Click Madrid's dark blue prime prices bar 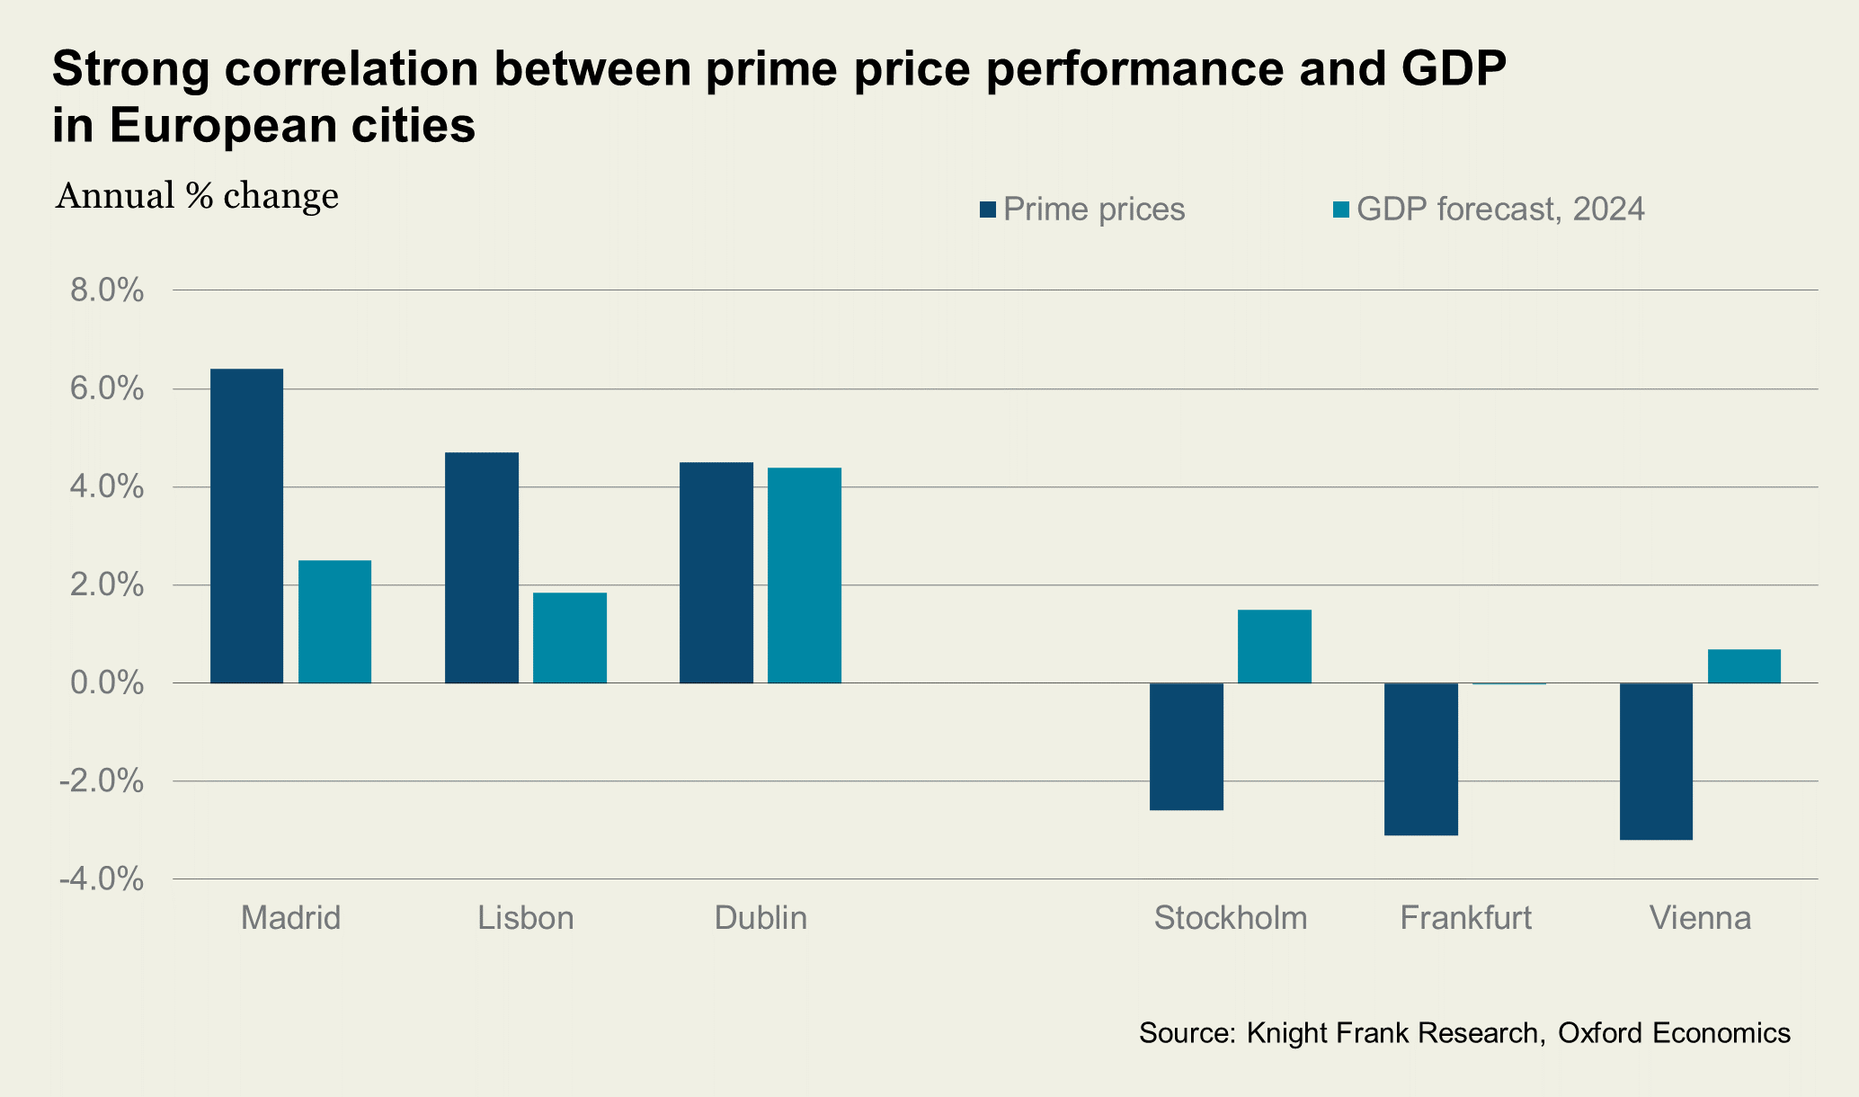pos(246,526)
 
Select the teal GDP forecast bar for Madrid pos(334,621)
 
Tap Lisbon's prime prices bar pos(482,567)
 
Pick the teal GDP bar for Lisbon pos(570,638)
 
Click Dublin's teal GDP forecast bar pos(805,575)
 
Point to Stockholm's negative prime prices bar pos(1187,746)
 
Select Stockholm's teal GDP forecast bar pos(1275,647)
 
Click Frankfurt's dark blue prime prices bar pos(1421,759)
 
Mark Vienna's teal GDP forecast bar pos(1744,666)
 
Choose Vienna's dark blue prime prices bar pos(1656,761)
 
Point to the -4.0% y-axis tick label pos(102,879)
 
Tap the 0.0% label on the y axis pos(107,683)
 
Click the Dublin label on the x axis pos(760,918)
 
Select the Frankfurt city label pos(1466,918)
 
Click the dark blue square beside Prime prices pos(988,210)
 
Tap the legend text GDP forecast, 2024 pos(1500,210)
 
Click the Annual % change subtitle pos(197,196)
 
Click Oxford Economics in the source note pos(1674,1032)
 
